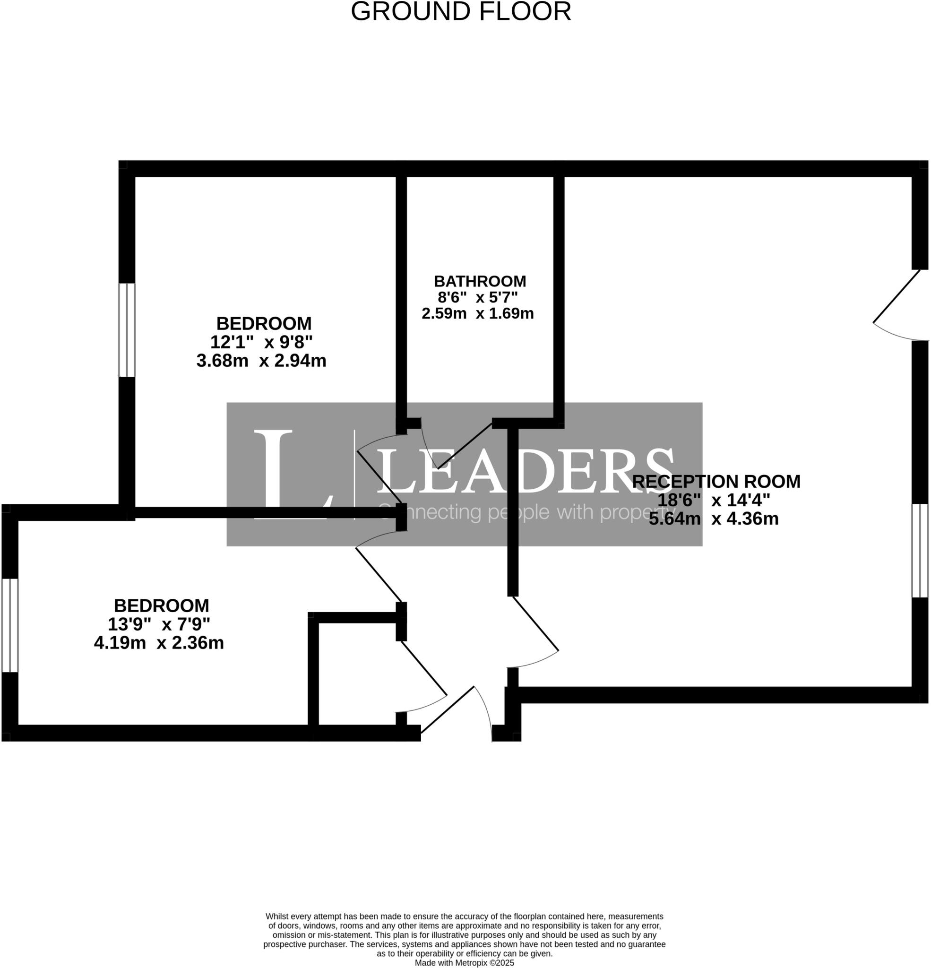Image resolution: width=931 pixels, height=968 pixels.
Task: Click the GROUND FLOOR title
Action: (461, 11)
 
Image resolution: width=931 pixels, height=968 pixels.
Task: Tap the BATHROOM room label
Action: (480, 282)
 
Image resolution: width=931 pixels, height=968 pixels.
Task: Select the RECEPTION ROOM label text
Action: (715, 482)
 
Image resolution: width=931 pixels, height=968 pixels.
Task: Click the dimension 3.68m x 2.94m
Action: (261, 361)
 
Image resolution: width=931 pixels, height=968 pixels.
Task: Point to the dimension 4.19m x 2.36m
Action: (158, 643)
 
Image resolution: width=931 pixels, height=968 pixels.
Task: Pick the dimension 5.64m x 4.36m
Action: (713, 519)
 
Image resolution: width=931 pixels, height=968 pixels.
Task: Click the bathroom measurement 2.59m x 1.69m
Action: (477, 314)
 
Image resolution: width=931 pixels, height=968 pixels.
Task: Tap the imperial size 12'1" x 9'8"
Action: (261, 342)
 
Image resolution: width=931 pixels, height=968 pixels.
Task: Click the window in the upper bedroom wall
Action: (127, 330)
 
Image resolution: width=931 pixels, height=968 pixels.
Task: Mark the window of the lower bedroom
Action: (10, 625)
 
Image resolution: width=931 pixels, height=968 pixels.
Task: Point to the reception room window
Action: (919, 551)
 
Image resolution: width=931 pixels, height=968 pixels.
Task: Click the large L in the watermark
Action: (286, 474)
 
